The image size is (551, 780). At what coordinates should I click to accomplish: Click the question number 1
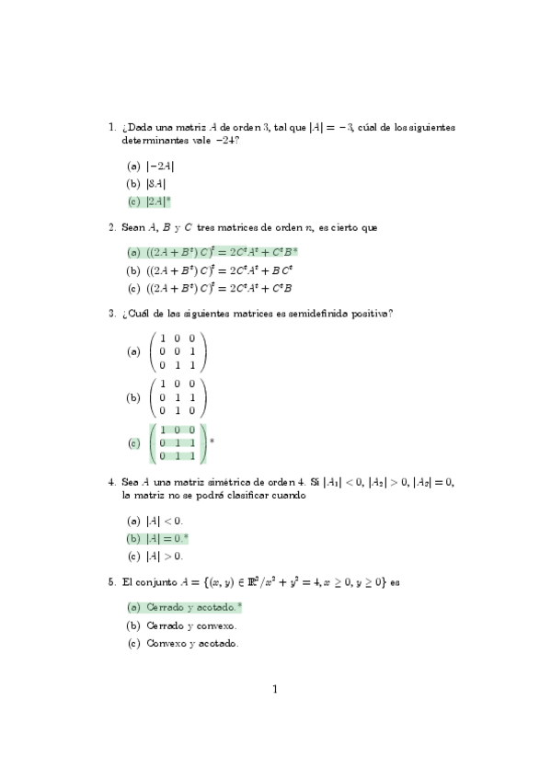pyautogui.click(x=111, y=127)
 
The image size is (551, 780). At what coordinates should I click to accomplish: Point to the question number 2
pyautogui.click(x=111, y=227)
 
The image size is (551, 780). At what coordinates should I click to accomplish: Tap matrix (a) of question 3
pyautogui.click(x=178, y=351)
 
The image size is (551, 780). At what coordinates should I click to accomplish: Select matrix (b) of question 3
pyautogui.click(x=178, y=397)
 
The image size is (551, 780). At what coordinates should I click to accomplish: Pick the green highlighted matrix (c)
pyautogui.click(x=178, y=442)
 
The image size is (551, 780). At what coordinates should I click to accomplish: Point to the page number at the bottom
pyautogui.click(x=274, y=689)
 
